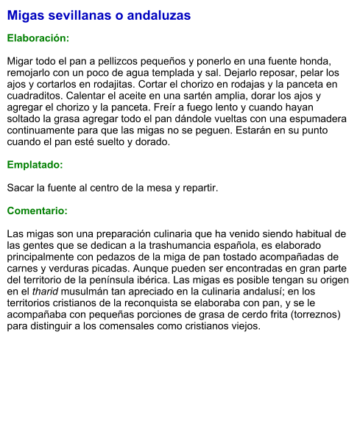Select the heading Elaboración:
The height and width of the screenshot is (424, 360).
point(38,38)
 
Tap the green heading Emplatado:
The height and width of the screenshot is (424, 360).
point(35,165)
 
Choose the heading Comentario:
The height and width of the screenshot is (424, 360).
point(38,211)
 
